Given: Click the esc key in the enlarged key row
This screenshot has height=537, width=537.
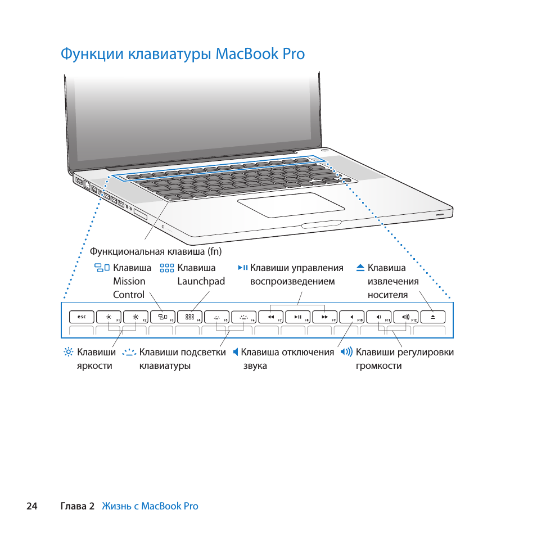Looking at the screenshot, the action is [82, 317].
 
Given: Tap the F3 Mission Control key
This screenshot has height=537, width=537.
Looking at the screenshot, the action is [163, 317].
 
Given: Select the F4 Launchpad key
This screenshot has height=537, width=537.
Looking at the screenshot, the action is [189, 317].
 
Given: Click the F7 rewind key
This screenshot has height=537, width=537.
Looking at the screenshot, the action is [271, 317].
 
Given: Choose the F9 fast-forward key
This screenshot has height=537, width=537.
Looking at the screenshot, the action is [325, 317].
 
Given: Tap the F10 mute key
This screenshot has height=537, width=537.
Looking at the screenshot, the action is [352, 317].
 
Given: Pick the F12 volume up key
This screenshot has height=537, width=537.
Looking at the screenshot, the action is [406, 317].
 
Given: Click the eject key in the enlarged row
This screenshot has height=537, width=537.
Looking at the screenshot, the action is [433, 317].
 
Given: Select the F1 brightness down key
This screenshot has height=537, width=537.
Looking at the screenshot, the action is [109, 317].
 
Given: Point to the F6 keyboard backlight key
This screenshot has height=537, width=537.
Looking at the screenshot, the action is [244, 317].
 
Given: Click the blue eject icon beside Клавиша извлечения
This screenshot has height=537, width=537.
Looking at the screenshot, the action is [360, 268].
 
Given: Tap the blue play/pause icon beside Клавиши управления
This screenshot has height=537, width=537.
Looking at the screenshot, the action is [243, 267].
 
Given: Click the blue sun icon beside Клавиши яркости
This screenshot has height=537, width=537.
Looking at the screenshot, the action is [69, 352].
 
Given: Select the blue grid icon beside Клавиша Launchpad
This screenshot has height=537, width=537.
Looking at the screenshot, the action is [167, 268].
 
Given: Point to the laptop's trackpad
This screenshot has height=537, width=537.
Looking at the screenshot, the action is [291, 205].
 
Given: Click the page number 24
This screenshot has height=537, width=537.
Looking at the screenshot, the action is [32, 506].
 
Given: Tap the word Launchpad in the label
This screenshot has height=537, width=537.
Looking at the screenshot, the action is [201, 282].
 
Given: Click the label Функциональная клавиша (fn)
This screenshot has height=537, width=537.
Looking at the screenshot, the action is [156, 251].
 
